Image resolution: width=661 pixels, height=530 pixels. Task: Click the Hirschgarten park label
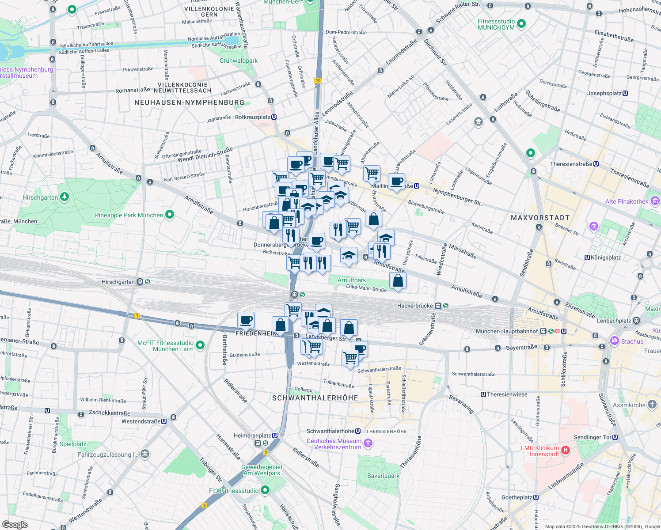(40, 197)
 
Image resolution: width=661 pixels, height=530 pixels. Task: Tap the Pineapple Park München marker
(170, 215)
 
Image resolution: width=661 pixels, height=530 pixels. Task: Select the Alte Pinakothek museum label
(627, 201)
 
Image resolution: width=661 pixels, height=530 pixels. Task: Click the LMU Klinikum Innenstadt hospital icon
(565, 451)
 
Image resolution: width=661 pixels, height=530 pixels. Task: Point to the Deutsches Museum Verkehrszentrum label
(334, 444)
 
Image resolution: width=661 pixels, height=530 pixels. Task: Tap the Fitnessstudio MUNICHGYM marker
(521, 24)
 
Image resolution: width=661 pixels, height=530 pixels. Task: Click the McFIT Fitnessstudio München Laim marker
(200, 345)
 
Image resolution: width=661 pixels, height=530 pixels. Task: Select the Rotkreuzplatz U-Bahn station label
(252, 117)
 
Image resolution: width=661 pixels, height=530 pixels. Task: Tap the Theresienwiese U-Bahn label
(507, 394)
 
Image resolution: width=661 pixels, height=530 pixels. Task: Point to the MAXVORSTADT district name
(540, 218)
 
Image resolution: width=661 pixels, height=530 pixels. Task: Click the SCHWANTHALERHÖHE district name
(315, 398)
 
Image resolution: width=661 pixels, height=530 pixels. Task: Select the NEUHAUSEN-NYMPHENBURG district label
(189, 102)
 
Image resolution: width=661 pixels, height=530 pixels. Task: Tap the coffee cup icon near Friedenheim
(246, 321)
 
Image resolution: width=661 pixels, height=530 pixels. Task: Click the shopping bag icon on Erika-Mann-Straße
(398, 281)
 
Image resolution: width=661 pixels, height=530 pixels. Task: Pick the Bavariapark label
(383, 476)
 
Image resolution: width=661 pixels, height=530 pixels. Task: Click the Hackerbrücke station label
(417, 306)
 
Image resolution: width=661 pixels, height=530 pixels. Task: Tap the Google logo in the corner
(15, 524)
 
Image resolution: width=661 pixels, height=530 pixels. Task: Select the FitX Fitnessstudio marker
(265, 490)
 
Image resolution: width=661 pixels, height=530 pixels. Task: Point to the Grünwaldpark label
(239, 61)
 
